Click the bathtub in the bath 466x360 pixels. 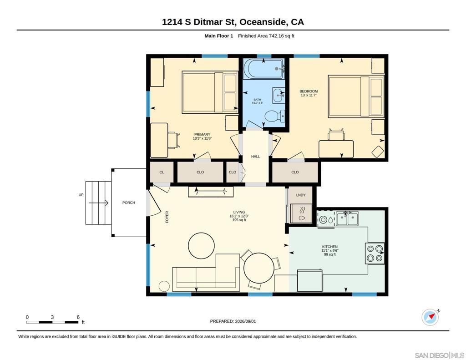coord(263,68)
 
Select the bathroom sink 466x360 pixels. coord(279,96)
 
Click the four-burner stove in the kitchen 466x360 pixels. coord(375,254)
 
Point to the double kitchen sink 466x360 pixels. coord(347,218)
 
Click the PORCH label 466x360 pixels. coord(129,203)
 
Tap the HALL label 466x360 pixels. coord(256,157)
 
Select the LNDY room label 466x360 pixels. coord(301,195)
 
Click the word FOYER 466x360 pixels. coord(167,217)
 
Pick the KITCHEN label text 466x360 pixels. coord(330,247)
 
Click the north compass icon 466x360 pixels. coord(431,317)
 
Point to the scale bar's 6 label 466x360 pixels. coord(78,317)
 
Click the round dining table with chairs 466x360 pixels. coord(258,268)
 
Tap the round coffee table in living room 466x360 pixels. coord(202,246)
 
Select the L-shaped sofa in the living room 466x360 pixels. coord(206,273)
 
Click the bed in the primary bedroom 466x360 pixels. coord(210,92)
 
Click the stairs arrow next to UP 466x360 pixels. coord(98,203)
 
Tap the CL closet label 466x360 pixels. coord(162,172)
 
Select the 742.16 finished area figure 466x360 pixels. coord(276,36)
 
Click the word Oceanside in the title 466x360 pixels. coord(263,22)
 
